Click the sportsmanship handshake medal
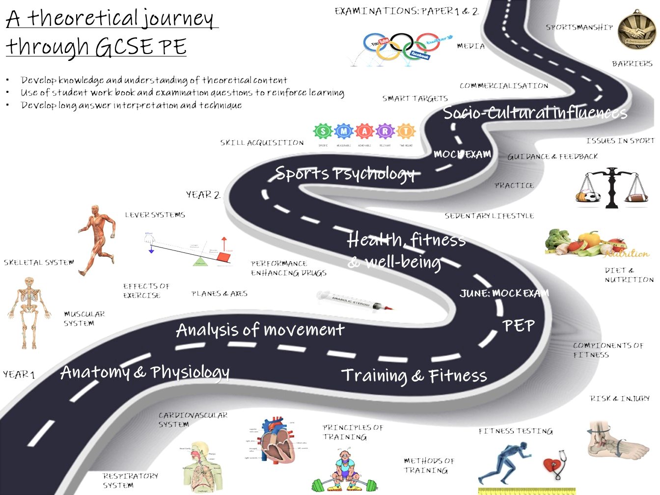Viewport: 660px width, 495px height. [636, 30]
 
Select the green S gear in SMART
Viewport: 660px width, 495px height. [323, 132]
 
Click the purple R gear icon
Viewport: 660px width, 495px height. [385, 132]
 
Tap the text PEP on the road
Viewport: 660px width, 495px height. [519, 326]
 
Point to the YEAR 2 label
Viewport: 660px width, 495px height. [203, 195]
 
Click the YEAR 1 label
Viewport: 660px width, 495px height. [19, 375]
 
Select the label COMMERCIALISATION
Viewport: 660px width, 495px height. [504, 86]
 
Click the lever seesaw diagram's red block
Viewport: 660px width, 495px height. [224, 256]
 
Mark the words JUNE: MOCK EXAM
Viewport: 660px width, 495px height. [504, 294]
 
